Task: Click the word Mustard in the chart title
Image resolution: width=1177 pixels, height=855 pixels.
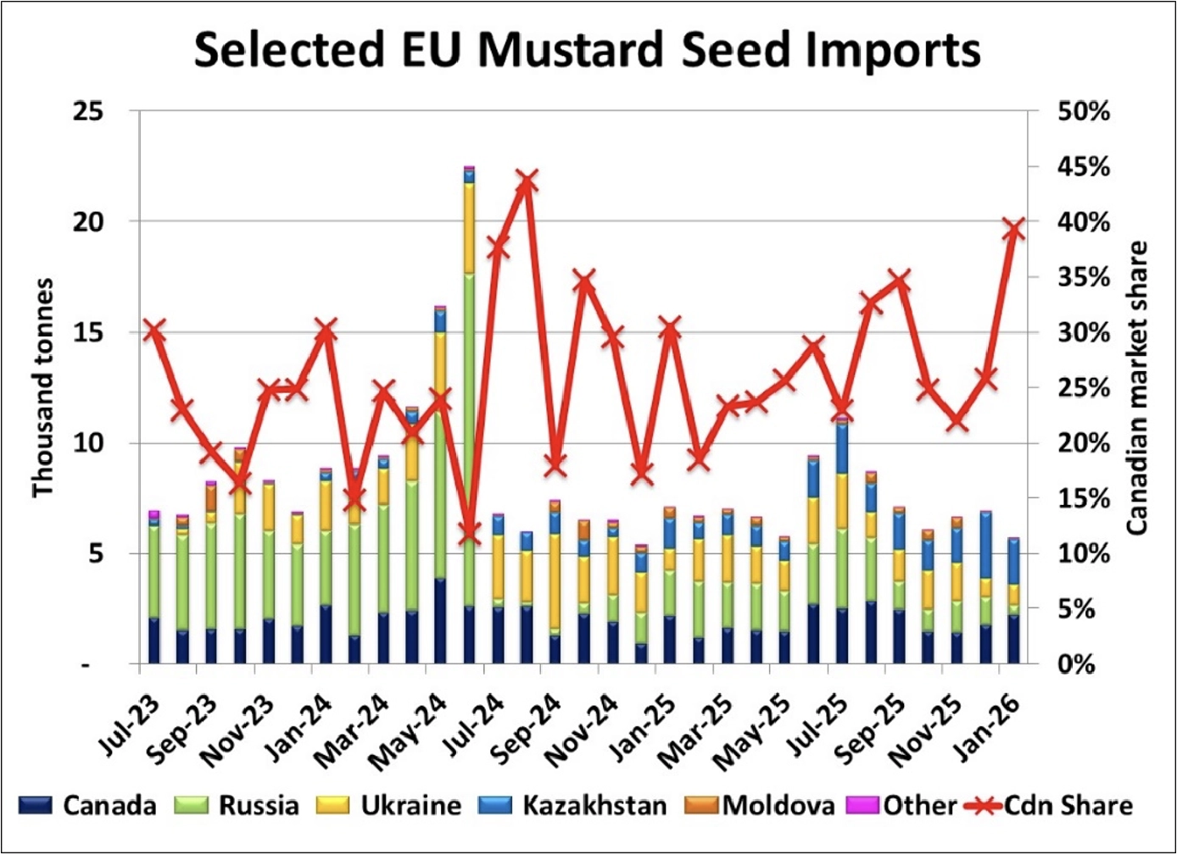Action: click(569, 50)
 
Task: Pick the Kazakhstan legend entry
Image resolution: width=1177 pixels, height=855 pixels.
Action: click(573, 805)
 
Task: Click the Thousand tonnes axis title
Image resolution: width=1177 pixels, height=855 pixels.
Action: click(42, 387)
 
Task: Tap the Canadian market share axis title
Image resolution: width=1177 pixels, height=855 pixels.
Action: click(1136, 387)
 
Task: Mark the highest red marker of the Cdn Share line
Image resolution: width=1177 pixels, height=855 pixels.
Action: click(527, 181)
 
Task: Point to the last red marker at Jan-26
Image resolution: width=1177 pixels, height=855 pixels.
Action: click(1014, 229)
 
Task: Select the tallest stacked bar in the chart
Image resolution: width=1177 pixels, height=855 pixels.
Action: click(469, 415)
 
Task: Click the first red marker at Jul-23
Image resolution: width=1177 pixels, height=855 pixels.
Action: click(153, 330)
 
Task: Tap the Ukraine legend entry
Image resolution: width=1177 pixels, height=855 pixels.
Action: click(390, 805)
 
